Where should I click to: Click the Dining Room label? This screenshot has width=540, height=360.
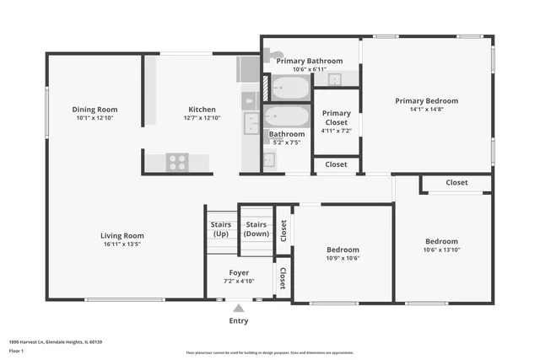[94, 110]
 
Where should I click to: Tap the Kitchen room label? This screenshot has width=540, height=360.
[202, 110]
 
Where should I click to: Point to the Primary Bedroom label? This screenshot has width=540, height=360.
[426, 100]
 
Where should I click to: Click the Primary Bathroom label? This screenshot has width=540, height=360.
[309, 61]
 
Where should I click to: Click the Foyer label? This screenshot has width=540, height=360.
[239, 272]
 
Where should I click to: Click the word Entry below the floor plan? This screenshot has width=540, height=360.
[239, 320]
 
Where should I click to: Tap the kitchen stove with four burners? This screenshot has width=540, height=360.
[176, 161]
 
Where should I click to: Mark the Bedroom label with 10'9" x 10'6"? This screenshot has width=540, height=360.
[343, 250]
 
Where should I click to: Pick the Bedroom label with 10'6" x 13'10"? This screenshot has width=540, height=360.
[441, 241]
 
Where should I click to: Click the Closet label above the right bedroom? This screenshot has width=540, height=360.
[456, 182]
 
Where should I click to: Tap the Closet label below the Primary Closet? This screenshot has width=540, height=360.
[336, 164]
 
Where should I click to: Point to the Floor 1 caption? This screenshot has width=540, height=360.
[16, 350]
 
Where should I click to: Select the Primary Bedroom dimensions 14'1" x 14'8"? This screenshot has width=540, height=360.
[426, 109]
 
